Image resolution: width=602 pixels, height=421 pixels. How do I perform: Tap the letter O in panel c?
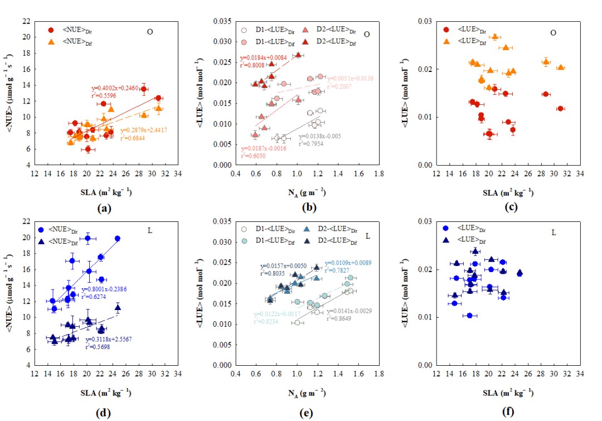[553, 32]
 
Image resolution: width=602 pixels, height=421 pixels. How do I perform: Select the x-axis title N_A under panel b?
[306, 193]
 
